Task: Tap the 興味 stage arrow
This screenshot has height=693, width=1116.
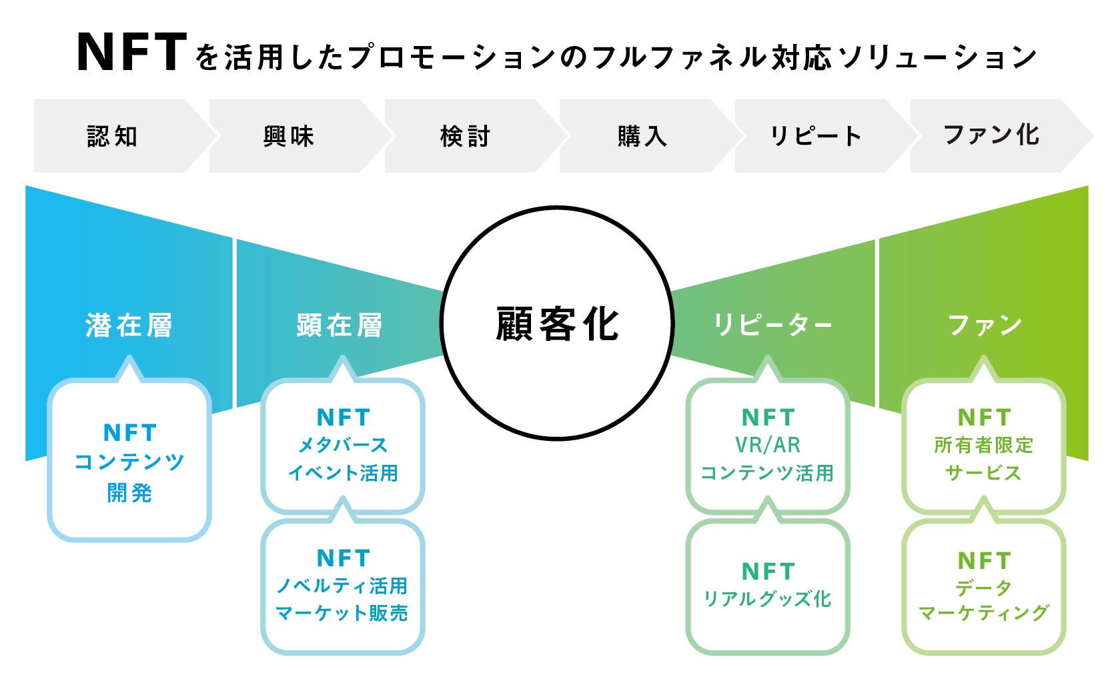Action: (288, 136)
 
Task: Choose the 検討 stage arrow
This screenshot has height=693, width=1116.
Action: (464, 136)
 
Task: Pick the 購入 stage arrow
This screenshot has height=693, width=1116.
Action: (641, 136)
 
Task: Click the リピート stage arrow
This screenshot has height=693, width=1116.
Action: (815, 136)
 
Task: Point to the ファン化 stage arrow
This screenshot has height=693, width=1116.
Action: (991, 136)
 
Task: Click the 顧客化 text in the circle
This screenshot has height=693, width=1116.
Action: (557, 324)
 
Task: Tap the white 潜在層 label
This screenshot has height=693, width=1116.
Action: (129, 325)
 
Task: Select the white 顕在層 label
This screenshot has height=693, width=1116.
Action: (340, 325)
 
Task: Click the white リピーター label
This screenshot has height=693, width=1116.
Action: (772, 325)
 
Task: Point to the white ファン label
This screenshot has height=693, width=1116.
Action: (985, 325)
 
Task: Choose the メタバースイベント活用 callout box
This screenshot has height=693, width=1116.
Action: (342, 446)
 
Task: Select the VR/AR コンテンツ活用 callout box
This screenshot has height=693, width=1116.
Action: (768, 446)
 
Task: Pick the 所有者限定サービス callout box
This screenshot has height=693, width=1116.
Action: (984, 446)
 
